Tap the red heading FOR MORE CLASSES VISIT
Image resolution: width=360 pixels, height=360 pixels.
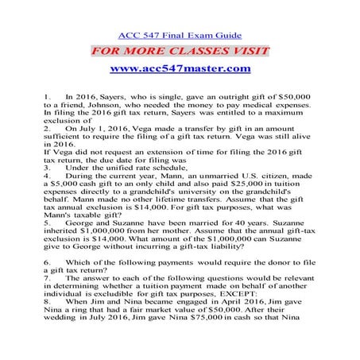pos(180,52)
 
